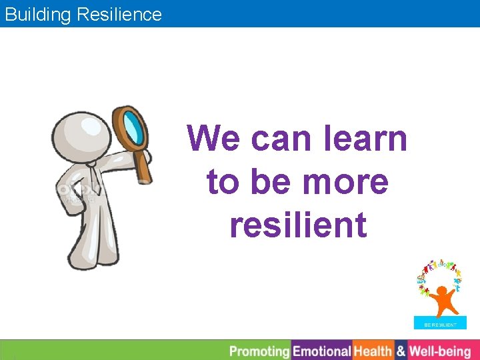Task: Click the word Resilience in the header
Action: (119, 14)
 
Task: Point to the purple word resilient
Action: (298, 224)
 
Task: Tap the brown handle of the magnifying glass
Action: (143, 166)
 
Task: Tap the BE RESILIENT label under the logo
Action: (441, 325)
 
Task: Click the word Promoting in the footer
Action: (259, 351)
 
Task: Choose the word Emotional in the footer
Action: (322, 351)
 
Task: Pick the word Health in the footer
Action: (373, 351)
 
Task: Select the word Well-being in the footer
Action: (440, 351)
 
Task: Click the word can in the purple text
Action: (278, 139)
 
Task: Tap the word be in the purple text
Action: (276, 181)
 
